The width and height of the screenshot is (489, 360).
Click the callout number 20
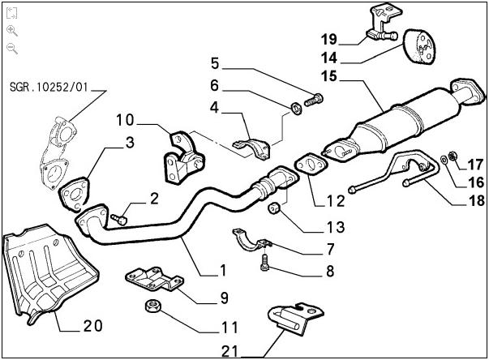(92, 327)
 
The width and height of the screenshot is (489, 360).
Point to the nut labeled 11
(150, 306)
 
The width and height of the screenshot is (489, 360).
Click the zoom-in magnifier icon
(12, 30)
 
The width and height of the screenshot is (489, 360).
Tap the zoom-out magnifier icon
(12, 48)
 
